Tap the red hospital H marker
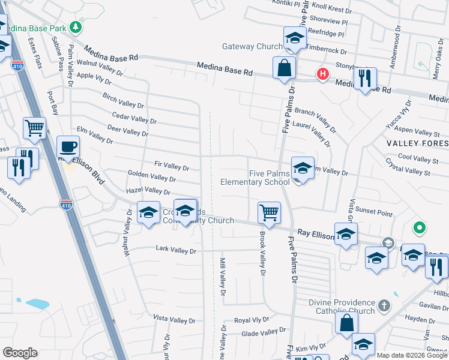323,74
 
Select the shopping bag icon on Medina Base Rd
283,68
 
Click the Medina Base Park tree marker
75,27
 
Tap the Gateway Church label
252,46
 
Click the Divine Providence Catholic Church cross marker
384,306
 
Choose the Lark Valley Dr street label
176,249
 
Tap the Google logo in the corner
20,353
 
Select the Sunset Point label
373,213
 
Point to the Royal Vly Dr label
252,320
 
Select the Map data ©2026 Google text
411,355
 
